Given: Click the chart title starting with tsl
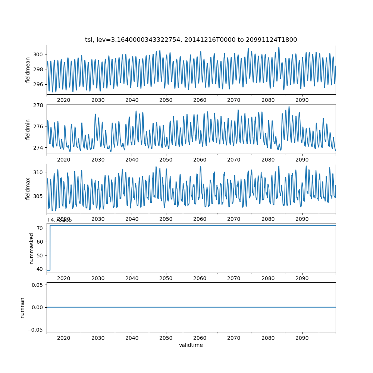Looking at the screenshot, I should (191, 40).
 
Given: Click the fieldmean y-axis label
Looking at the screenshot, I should (28, 70).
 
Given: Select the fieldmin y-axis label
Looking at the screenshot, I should (28, 129).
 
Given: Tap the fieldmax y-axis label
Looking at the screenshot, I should (28, 188).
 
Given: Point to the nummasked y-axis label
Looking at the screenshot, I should (32, 248).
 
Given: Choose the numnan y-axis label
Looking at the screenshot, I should (22, 307).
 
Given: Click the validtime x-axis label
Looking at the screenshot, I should (191, 345).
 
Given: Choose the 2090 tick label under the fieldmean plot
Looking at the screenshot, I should (302, 100).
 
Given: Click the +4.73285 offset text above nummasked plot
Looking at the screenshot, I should (59, 220).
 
